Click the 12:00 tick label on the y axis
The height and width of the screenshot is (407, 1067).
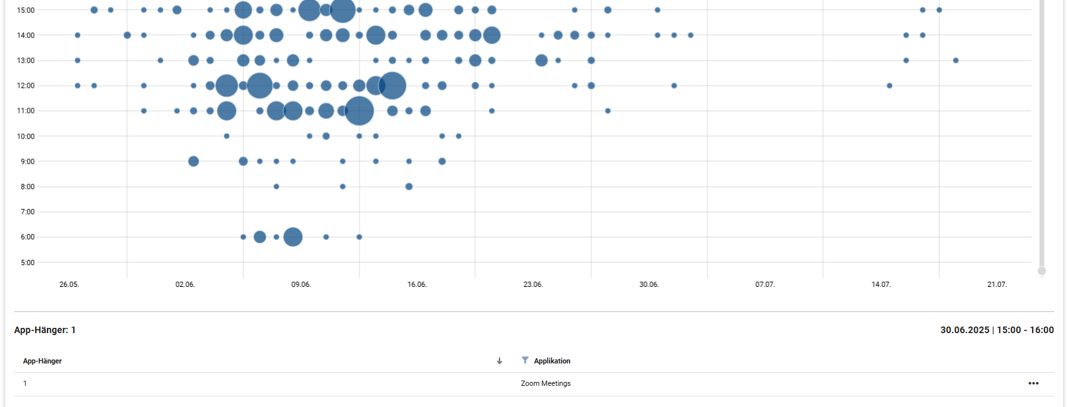(x=26, y=86)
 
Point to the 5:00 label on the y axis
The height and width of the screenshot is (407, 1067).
(x=27, y=263)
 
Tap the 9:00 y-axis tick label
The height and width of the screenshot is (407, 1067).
(x=27, y=162)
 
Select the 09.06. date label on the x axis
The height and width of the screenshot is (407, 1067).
(x=301, y=284)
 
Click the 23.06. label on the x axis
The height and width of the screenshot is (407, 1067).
(x=533, y=284)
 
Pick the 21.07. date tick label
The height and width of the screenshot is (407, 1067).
(x=996, y=284)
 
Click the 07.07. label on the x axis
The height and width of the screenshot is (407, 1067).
(x=765, y=284)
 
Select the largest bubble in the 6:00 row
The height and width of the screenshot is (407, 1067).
(x=293, y=237)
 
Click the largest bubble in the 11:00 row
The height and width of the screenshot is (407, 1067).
(x=359, y=111)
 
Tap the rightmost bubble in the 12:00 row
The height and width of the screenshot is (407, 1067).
(x=889, y=86)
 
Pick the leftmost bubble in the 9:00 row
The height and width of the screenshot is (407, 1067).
(x=193, y=162)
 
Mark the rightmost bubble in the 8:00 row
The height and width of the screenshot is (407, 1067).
(x=409, y=187)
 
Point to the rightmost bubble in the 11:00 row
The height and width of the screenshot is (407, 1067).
(x=608, y=111)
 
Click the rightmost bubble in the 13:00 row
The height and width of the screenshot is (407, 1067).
(x=955, y=61)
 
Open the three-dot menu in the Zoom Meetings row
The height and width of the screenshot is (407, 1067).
(x=1033, y=383)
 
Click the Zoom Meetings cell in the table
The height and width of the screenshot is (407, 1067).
(x=546, y=383)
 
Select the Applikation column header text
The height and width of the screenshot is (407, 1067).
(x=552, y=361)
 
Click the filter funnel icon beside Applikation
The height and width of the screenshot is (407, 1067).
(x=525, y=360)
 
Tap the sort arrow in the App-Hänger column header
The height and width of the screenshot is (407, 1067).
(x=500, y=361)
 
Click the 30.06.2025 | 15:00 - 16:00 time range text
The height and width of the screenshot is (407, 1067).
(x=997, y=330)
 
